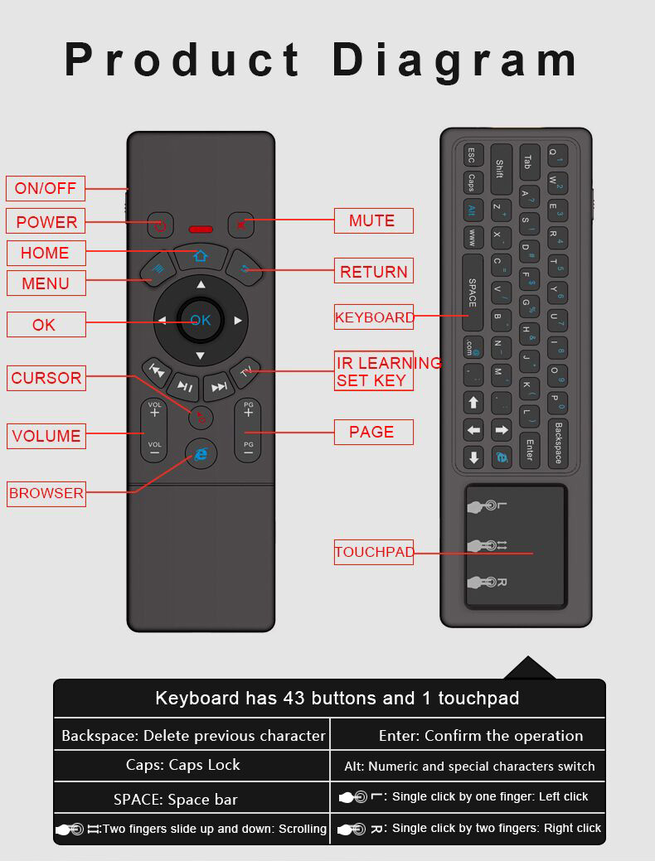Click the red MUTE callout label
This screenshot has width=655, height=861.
pyautogui.click(x=374, y=220)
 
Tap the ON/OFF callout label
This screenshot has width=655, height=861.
pyautogui.click(x=46, y=188)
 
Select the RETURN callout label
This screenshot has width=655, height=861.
pyautogui.click(x=374, y=271)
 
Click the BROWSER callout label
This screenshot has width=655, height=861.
pyautogui.click(x=46, y=493)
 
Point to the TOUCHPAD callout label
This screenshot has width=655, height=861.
pyautogui.click(x=374, y=552)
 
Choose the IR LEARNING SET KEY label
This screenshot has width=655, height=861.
pyautogui.click(x=374, y=371)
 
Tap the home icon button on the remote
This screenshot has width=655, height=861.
pyautogui.click(x=200, y=255)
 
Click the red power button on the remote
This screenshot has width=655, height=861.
pyautogui.click(x=160, y=225)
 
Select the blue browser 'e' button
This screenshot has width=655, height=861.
pyautogui.click(x=201, y=453)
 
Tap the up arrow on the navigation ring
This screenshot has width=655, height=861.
pyautogui.click(x=201, y=285)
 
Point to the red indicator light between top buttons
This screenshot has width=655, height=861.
pyautogui.click(x=201, y=229)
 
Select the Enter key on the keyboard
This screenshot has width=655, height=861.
pyautogui.click(x=529, y=449)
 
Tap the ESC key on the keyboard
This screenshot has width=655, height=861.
pyautogui.click(x=471, y=155)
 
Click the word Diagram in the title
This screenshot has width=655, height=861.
pyautogui.click(x=456, y=60)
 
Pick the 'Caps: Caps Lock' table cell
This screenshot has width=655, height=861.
pyautogui.click(x=182, y=765)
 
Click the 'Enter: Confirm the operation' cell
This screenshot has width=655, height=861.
pyautogui.click(x=480, y=735)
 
